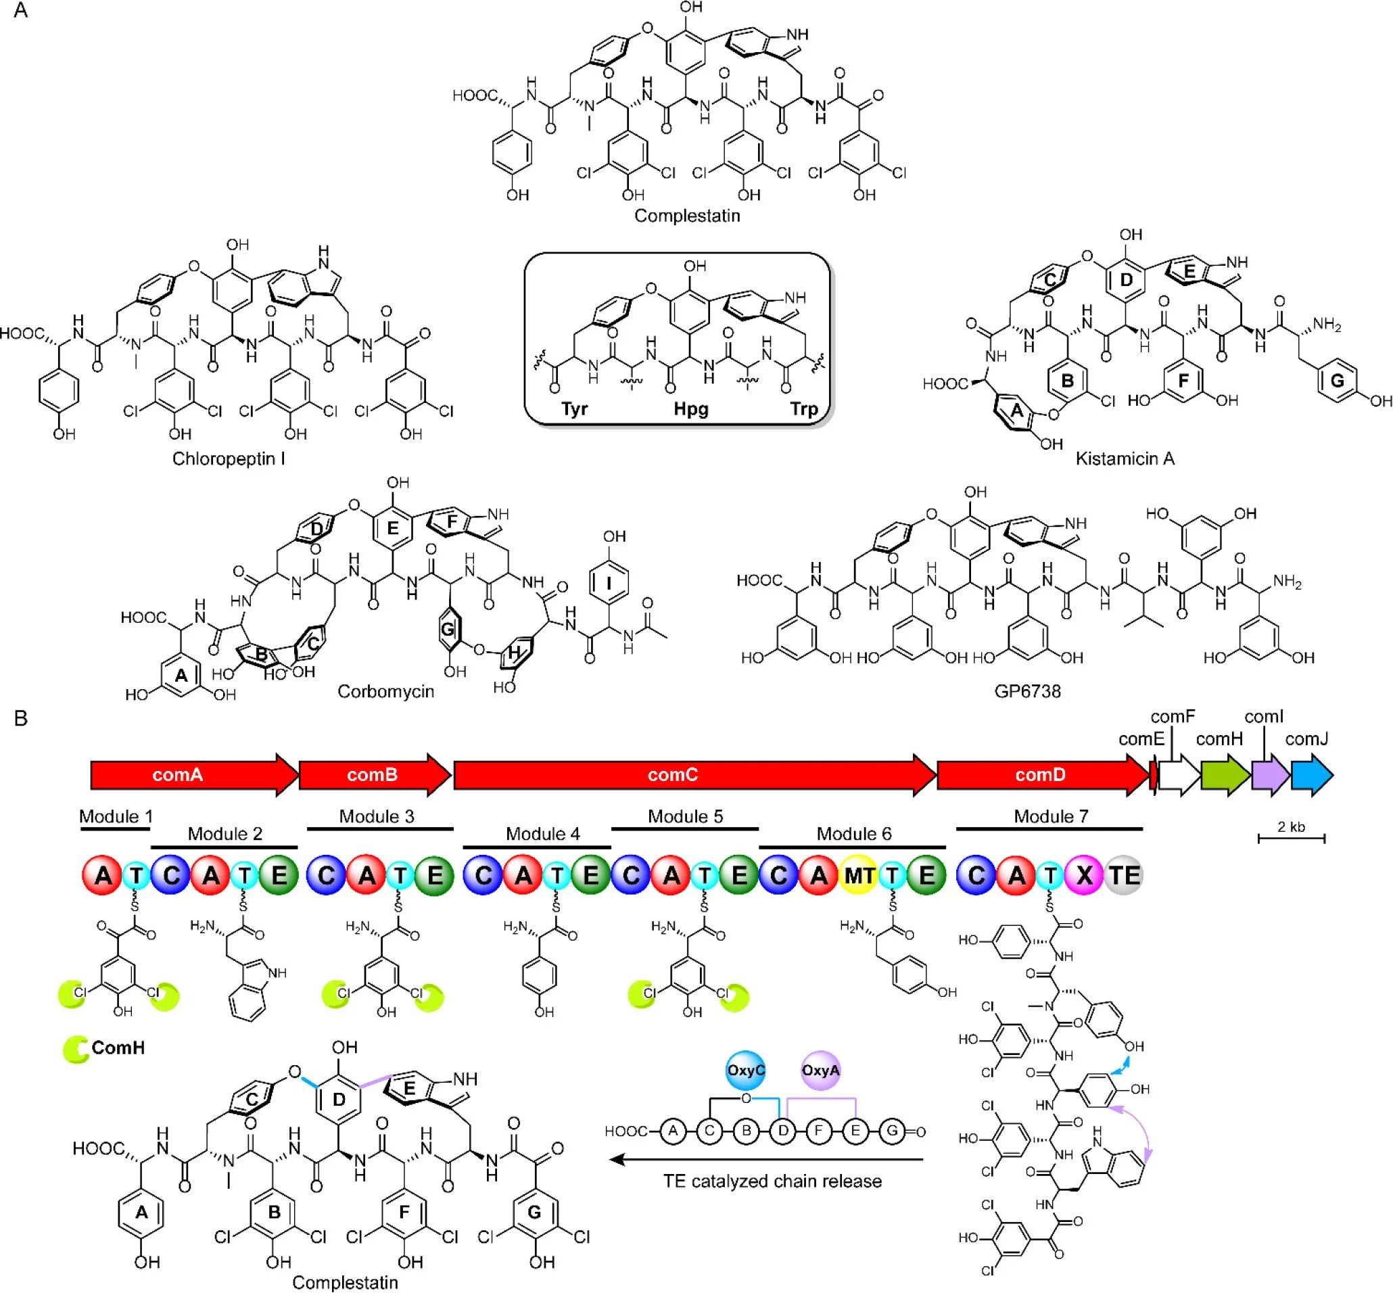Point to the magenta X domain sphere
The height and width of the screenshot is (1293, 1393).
pyautogui.click(x=1084, y=875)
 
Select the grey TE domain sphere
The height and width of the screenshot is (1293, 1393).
pyautogui.click(x=1124, y=875)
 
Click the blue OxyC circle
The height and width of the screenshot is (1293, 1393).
pyautogui.click(x=745, y=1070)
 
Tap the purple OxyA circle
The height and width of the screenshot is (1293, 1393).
pyautogui.click(x=820, y=1070)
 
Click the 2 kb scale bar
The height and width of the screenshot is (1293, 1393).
pyautogui.click(x=1291, y=837)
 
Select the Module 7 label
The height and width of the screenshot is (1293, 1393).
pyautogui.click(x=1050, y=816)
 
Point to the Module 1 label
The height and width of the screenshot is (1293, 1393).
pyautogui.click(x=116, y=816)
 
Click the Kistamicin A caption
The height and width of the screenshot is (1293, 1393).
pyautogui.click(x=1125, y=459)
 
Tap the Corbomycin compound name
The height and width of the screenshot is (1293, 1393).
pyautogui.click(x=385, y=691)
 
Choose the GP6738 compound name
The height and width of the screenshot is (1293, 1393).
pyautogui.click(x=1027, y=691)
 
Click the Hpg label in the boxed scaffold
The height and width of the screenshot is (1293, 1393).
pyautogui.click(x=690, y=408)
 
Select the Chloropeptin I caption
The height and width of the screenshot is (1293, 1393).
pyautogui.click(x=228, y=459)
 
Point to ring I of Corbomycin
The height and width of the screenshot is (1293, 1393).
pyautogui.click(x=609, y=580)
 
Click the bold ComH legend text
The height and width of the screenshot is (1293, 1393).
pyautogui.click(x=118, y=1048)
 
